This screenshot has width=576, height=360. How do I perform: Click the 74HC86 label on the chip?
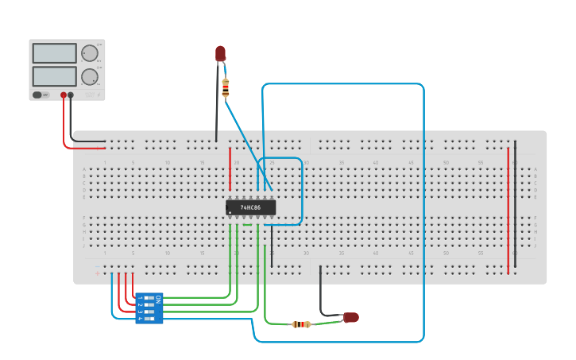(x=250, y=207)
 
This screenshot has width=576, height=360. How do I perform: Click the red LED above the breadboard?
(x=220, y=53)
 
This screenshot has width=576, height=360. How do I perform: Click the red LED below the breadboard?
(x=350, y=318)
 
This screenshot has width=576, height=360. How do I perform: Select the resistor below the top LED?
(x=226, y=87)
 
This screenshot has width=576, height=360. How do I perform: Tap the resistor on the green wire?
(x=301, y=324)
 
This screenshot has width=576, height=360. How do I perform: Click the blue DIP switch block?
(x=149, y=308)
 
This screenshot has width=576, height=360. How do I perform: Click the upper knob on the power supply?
(x=89, y=53)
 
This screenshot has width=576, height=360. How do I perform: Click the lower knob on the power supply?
(x=89, y=77)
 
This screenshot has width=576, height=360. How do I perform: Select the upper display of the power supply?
(x=54, y=53)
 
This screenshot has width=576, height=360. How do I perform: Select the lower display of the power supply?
(x=54, y=76)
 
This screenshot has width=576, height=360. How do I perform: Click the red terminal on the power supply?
(x=63, y=95)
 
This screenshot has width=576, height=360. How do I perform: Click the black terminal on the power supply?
(x=71, y=95)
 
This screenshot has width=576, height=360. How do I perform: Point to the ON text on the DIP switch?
(x=158, y=299)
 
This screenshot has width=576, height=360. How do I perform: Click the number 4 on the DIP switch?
(x=140, y=318)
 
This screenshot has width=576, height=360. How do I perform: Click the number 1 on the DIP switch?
(x=140, y=299)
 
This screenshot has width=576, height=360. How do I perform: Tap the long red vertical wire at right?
(x=508, y=211)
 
